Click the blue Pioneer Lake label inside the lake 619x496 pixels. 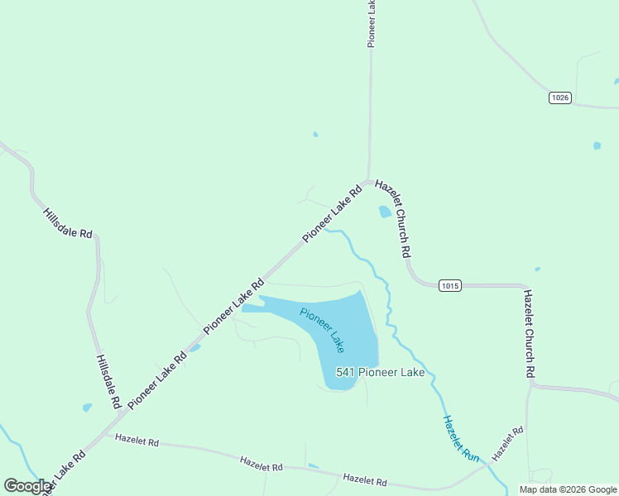321,330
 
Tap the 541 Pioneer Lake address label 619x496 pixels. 380,373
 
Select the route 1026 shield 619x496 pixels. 560,98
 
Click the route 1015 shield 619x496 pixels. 449,286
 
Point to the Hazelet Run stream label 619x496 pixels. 461,438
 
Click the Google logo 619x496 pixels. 28,486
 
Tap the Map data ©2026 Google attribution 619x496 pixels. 569,489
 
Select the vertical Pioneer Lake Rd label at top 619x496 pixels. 372,22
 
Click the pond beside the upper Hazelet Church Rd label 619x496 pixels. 385,212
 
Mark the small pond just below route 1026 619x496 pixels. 597,145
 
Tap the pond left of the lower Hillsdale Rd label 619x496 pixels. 87,408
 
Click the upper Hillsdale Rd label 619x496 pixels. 68,222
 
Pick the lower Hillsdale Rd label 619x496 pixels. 108,382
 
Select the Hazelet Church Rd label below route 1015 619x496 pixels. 528,333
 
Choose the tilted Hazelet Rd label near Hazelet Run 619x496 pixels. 507,444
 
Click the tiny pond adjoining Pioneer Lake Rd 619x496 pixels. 194,348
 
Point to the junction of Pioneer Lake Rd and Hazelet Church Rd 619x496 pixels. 369,181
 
